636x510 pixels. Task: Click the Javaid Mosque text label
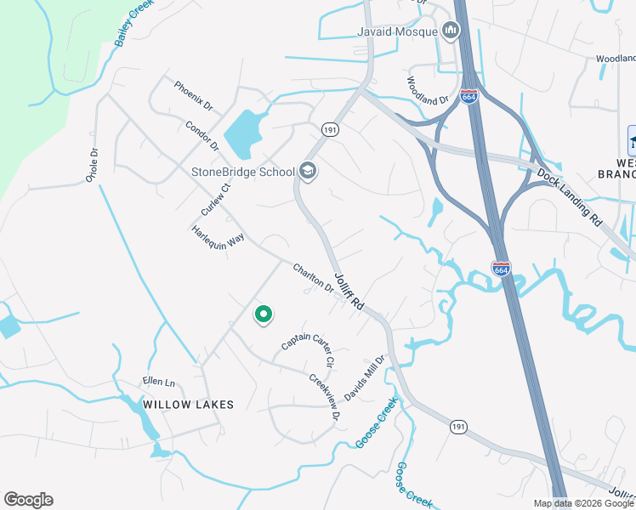pos(396,32)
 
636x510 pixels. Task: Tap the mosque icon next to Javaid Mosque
pos(451,32)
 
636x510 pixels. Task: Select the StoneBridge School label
pos(242,172)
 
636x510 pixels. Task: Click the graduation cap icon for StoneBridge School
pos(307,172)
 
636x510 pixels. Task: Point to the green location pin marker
pos(264,314)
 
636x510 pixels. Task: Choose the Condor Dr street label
pos(202,135)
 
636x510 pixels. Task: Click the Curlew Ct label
pos(216,200)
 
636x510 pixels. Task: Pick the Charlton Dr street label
pos(314,278)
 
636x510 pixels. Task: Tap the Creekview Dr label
pos(324,397)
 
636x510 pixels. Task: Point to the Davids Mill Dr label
pos(365,378)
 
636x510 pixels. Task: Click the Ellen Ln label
pos(157,382)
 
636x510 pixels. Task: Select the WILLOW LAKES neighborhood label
pos(188,405)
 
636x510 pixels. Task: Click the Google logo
pos(28,500)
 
